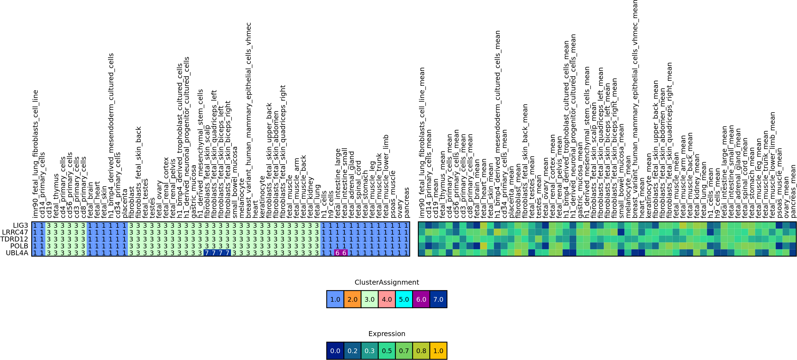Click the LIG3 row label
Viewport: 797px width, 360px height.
point(20,225)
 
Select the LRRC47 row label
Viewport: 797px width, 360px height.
point(15,232)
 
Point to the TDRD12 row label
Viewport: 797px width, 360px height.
point(14,239)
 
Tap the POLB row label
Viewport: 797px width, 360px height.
point(19,246)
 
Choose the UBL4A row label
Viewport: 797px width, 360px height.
point(17,253)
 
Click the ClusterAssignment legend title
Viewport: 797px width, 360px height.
point(387,282)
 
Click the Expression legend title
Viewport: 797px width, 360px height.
point(387,333)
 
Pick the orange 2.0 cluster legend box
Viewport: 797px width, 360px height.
point(352,299)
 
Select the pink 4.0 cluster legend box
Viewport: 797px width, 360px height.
point(387,299)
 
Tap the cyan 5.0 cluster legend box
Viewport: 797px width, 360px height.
point(404,299)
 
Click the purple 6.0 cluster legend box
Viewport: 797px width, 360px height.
point(421,299)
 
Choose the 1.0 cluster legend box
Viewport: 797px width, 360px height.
point(335,299)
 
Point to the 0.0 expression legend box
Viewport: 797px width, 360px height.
point(335,350)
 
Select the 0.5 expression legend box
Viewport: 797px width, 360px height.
point(387,350)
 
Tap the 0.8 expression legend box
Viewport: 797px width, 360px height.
point(421,350)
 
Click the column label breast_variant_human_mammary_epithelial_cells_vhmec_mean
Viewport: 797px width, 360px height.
point(635,108)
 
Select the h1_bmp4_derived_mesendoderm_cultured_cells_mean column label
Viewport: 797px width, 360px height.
point(498,124)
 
